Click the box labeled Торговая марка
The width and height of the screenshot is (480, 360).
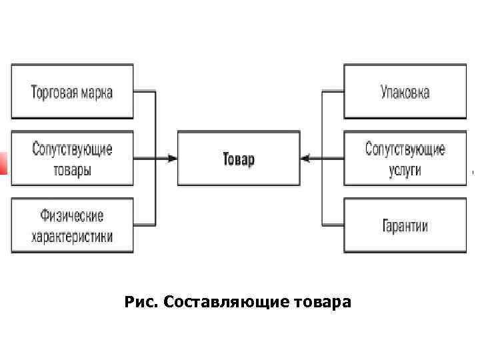pos(72,91)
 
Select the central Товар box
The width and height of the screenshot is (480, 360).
pos(238,159)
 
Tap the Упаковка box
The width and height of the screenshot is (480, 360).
pos(405,91)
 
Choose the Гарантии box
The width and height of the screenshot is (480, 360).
pos(405,225)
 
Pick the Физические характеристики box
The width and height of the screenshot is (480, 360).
pos(72,225)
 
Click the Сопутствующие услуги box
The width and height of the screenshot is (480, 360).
pos(405,159)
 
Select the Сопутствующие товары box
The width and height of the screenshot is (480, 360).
pos(72,159)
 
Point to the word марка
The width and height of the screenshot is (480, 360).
pos(95,91)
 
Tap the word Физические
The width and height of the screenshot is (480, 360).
pos(72,216)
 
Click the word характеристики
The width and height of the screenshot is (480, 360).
pos(72,235)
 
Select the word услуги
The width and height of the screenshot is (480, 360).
pos(405,169)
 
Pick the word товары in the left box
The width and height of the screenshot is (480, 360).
pos(72,169)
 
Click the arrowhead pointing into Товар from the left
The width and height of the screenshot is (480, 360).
pos(173,159)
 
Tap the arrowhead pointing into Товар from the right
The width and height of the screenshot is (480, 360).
pos(305,159)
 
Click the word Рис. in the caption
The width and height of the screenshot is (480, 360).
pos(140,303)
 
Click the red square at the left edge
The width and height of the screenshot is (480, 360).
pos(3,163)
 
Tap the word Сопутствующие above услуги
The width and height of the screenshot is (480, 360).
pos(405,149)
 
